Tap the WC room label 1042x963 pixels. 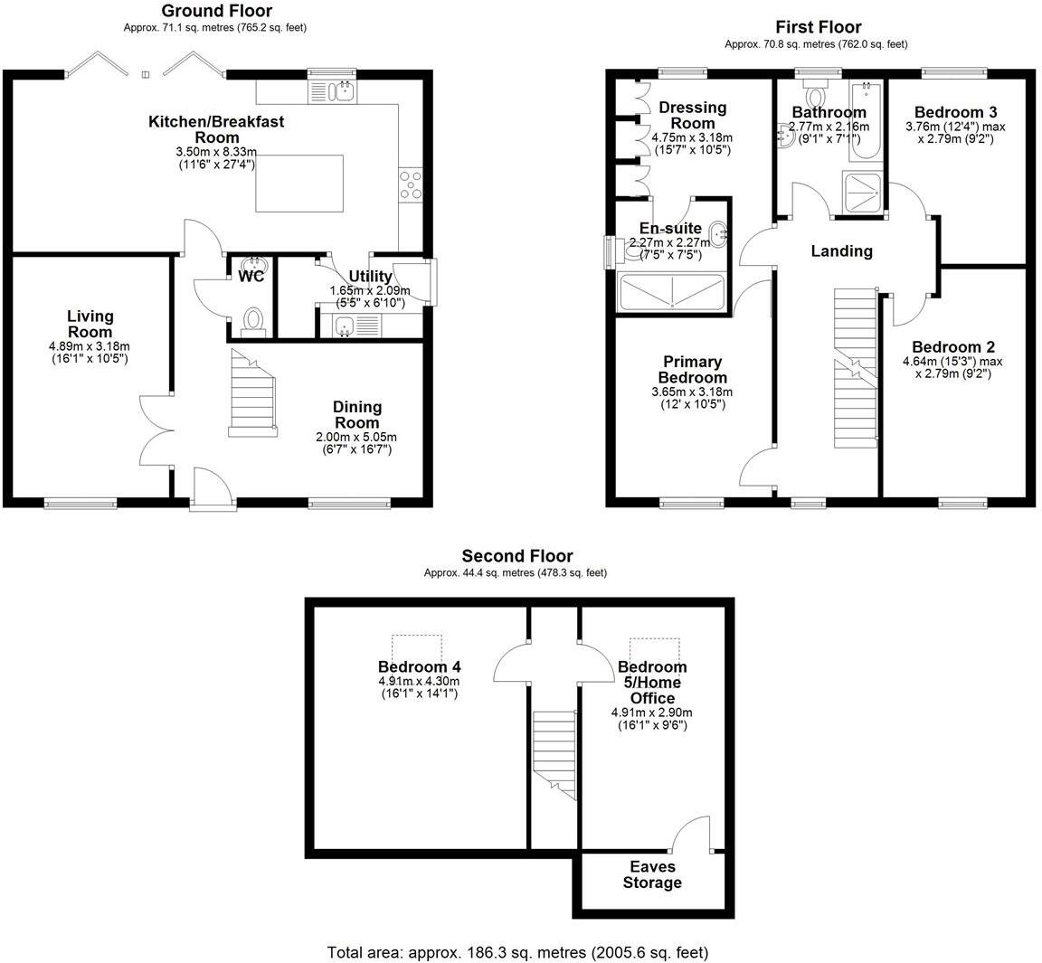tap(251, 276)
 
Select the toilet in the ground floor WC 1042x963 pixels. tap(254, 321)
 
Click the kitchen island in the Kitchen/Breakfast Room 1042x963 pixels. tap(299, 184)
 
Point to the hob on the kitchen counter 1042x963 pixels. tap(410, 184)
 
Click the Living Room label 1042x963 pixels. tap(90, 324)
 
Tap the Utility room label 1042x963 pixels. tap(370, 277)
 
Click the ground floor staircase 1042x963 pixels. tap(251, 395)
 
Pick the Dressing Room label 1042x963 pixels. tap(693, 116)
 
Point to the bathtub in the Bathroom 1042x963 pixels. tap(867, 122)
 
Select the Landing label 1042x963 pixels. tap(841, 251)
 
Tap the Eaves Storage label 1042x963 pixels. tap(651, 874)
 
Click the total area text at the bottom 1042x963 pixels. tap(517, 952)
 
